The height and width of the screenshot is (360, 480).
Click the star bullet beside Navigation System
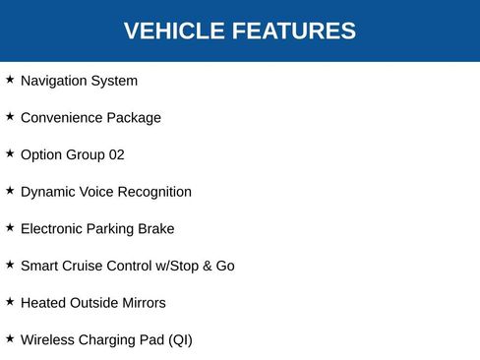coord(10,80)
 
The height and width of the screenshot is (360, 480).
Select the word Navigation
coord(54,81)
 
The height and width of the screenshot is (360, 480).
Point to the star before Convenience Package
coord(10,116)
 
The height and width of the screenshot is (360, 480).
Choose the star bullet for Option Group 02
coord(10,153)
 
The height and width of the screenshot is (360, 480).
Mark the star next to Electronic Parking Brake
coord(10,227)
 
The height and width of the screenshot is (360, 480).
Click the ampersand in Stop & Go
coord(204,266)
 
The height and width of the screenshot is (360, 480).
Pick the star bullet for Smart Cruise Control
coord(10,265)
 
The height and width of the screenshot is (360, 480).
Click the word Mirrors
coord(140,303)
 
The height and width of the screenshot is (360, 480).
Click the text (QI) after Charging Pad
coord(180,340)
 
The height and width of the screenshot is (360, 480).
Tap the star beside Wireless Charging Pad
coord(10,338)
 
